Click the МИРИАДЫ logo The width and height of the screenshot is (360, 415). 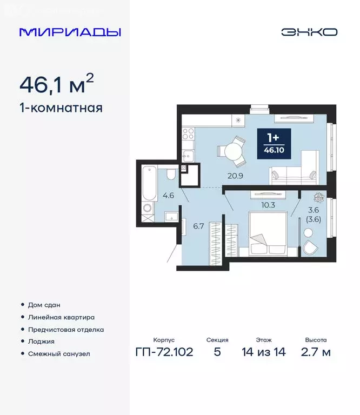point(70,32)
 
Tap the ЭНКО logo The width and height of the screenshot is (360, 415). point(309,32)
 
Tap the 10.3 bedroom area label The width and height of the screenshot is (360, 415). point(269,205)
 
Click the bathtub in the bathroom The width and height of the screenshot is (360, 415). point(149,183)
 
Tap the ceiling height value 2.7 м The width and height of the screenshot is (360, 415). point(316,352)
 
